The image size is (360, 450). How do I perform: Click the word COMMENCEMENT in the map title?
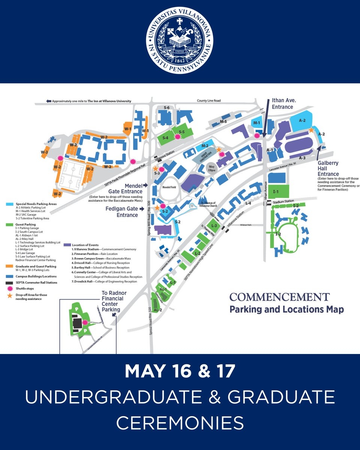279,297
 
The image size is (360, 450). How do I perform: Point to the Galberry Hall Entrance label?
328,168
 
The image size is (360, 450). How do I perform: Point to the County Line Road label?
210,100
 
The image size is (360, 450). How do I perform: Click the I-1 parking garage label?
276,192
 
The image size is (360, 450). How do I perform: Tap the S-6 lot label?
166,108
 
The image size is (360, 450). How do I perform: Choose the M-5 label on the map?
223,121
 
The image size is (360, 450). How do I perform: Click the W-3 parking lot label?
45,152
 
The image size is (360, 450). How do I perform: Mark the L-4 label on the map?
248,203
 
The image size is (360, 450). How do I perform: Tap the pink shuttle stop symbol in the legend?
9,289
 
